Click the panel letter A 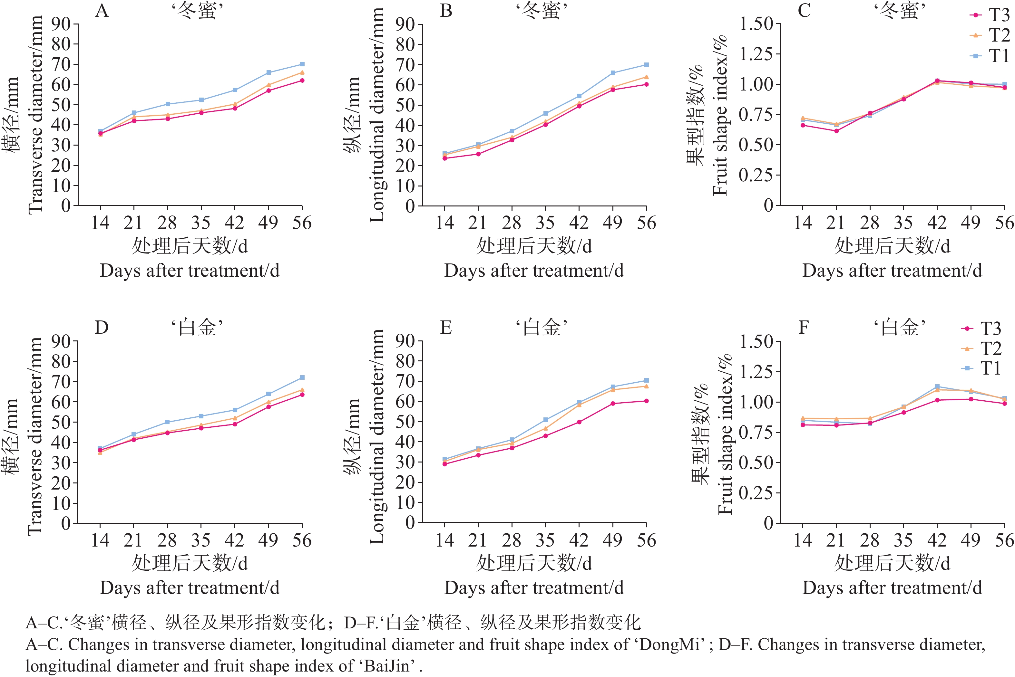(102, 10)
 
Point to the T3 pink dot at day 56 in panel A (302, 80)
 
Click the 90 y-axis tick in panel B (405, 24)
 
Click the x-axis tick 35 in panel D (201, 540)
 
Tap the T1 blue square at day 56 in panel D (302, 378)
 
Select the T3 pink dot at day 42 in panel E (579, 422)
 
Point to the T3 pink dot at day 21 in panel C (836, 131)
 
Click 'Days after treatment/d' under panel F (892, 588)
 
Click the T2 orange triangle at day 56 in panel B (646, 77)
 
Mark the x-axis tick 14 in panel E (444, 540)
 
